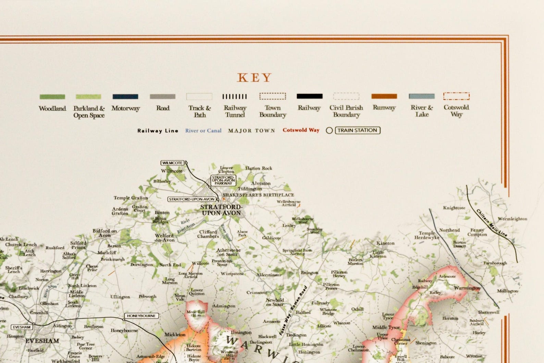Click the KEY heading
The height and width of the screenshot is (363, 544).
(255, 78)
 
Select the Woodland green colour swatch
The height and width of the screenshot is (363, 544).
(52, 97)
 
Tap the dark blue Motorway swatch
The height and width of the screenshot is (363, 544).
(125, 97)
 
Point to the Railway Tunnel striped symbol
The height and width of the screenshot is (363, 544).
(235, 97)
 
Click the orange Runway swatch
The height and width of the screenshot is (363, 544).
(384, 96)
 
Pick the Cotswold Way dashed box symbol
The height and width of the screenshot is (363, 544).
(456, 96)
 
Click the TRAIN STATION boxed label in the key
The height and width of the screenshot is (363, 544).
(357, 130)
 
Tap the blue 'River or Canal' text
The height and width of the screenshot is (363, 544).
(203, 131)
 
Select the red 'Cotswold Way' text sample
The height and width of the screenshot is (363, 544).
(301, 130)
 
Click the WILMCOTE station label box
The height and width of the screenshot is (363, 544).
(173, 163)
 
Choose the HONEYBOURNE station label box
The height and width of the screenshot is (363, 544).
(141, 316)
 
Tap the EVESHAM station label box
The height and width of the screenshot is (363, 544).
(22, 327)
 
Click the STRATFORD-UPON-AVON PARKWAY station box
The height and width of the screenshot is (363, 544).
(223, 180)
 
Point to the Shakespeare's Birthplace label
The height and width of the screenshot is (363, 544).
(258, 195)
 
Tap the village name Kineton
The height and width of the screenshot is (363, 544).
(385, 243)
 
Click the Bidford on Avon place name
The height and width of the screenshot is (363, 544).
(104, 233)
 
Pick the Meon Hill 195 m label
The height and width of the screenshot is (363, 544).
(195, 313)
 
